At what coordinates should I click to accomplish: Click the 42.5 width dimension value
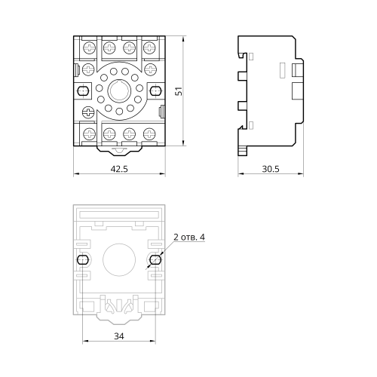pos(119,169)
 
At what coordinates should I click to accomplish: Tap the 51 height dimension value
pos(179,91)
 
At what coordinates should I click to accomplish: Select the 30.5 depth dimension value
pos(271,169)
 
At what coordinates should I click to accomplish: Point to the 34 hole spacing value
pos(119,336)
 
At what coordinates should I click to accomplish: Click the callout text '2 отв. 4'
pos(189,237)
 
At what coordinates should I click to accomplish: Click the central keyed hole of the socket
pos(119,90)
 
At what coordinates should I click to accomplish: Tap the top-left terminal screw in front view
pos(90,48)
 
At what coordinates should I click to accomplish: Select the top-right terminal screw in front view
pos(149,48)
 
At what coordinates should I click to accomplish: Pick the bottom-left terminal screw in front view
pos(90,133)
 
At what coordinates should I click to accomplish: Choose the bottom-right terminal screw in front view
pos(149,133)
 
